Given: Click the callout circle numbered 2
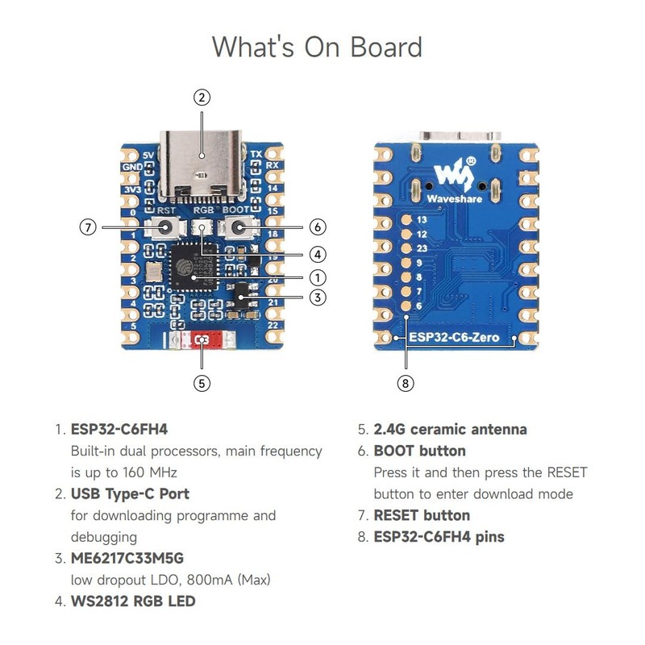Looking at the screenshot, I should (x=202, y=98).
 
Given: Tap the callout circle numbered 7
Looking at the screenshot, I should (x=89, y=227).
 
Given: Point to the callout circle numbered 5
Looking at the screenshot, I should (x=202, y=383).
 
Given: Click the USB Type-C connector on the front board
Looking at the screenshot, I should (x=202, y=165).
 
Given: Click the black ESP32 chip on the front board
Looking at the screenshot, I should (x=193, y=267).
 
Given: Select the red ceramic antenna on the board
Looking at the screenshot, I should (x=201, y=342).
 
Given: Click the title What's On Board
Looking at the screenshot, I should (x=317, y=47).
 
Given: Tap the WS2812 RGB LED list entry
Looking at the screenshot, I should (x=133, y=601).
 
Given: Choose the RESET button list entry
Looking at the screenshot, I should (x=422, y=515).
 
